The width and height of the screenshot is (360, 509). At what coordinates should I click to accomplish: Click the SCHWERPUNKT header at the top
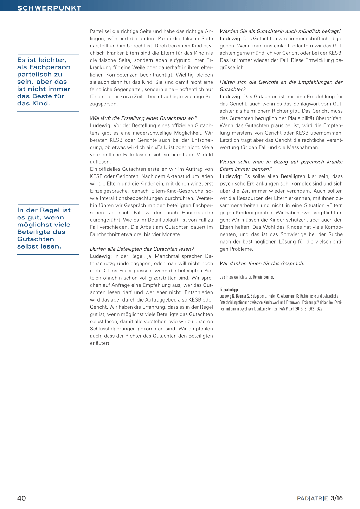coord(49,8)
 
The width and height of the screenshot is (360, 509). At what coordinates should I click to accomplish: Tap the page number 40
coord(21,498)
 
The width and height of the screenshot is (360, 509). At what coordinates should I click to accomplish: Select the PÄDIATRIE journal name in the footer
coord(312,498)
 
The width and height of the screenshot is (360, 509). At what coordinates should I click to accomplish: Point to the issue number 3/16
coord(336,498)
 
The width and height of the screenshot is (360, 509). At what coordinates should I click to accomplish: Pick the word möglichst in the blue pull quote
coord(33,225)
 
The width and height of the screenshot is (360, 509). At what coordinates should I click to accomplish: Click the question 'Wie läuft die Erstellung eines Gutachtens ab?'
coord(143,118)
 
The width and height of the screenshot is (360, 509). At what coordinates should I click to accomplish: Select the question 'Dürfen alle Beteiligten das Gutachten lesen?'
coord(142,249)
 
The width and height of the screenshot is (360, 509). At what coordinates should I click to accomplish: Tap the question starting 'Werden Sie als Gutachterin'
coord(280,31)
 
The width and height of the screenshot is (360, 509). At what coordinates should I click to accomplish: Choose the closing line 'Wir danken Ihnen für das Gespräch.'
coord(262,263)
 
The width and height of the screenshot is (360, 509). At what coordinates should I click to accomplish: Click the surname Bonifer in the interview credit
coord(268,277)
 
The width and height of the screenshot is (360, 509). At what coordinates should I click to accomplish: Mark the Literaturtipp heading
coord(229,290)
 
